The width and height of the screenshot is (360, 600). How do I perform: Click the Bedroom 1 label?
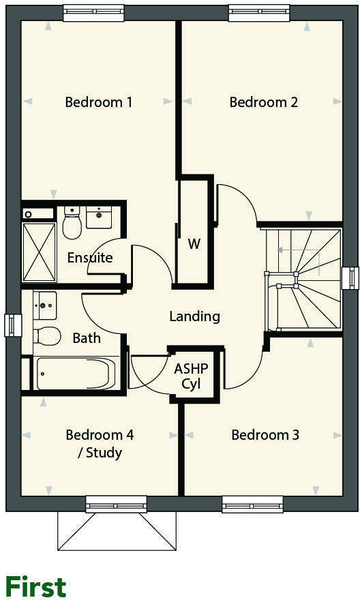point(98,102)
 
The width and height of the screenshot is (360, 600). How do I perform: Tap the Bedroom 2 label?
point(263,102)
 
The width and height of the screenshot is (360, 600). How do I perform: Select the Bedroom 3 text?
point(265,435)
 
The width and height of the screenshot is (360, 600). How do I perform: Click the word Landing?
point(194,316)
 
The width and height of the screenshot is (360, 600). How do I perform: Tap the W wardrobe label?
point(194,243)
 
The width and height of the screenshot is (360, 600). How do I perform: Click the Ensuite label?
point(89,258)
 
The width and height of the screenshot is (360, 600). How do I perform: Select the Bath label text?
point(87,337)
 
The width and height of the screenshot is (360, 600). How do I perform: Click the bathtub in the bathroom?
point(76,374)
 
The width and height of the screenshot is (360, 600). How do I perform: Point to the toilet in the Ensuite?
point(72,224)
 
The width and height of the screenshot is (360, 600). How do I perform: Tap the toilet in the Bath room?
point(46,335)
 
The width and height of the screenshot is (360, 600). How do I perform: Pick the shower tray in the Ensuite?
point(40,250)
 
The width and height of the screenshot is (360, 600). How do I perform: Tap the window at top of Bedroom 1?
point(93,12)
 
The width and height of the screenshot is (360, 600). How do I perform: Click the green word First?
point(35,586)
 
